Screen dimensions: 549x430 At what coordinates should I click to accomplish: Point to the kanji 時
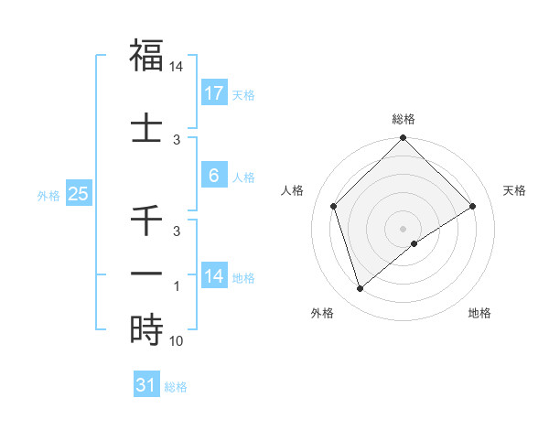point(146,328)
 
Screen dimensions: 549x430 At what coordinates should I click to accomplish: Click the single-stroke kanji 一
point(146,274)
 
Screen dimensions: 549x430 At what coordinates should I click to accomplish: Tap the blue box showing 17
point(214,93)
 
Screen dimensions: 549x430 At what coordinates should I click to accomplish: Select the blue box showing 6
point(214,176)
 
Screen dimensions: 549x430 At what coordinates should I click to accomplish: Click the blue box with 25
point(79,194)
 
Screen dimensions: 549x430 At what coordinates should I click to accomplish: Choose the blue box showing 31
point(146,385)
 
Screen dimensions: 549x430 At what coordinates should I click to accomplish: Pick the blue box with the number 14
point(214,276)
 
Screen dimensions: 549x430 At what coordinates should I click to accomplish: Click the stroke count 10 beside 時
point(177,341)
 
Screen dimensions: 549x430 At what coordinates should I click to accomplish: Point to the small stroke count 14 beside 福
point(177,67)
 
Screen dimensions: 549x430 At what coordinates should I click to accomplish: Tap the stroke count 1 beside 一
point(178,286)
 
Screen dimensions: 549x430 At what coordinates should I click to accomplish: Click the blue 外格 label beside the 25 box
point(48,195)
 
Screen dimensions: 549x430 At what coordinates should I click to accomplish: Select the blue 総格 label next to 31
point(176,387)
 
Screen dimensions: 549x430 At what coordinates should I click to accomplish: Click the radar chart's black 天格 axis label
point(515,190)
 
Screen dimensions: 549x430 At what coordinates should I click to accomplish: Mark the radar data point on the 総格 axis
point(403,139)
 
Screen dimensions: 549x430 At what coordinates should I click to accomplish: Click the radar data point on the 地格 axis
point(414,243)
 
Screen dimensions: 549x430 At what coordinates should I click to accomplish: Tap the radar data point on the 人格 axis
point(334,206)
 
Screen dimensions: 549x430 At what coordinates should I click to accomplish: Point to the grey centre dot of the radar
point(403,228)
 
